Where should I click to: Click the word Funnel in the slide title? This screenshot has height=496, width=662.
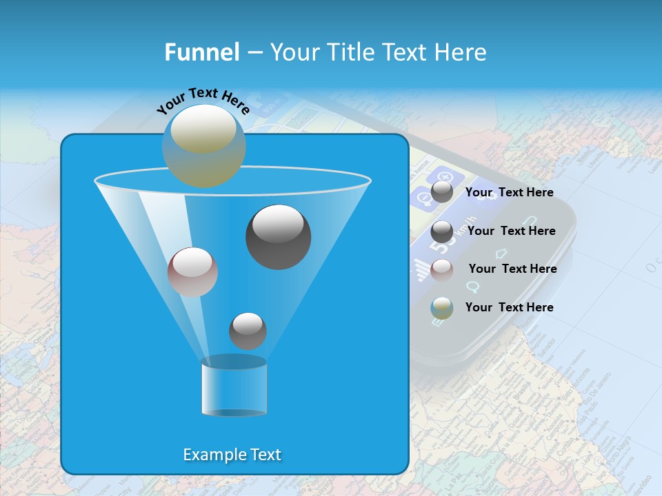[x=201, y=52]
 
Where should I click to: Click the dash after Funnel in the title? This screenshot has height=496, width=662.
[x=254, y=53]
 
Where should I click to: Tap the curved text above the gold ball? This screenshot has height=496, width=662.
[x=203, y=101]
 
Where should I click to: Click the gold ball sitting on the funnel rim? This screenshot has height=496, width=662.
[x=203, y=145]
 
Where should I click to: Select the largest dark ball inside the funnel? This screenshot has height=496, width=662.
[x=278, y=236]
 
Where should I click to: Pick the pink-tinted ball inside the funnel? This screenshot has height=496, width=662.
[x=192, y=272]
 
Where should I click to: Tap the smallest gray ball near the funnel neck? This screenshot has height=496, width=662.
[x=248, y=331]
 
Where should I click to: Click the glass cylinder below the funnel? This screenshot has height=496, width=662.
[x=234, y=386]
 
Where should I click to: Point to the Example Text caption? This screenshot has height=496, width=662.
[x=232, y=455]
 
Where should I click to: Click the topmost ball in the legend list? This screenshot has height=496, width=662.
[x=441, y=192]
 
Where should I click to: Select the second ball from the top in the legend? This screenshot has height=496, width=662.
[x=441, y=231]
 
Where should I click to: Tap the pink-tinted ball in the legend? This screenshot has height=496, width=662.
[x=441, y=269]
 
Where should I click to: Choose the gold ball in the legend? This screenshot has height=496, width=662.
[x=441, y=308]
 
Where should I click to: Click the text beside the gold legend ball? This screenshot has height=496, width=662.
[x=509, y=307]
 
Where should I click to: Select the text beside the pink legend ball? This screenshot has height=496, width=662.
[x=512, y=269]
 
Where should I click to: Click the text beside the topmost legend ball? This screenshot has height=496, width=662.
[x=509, y=192]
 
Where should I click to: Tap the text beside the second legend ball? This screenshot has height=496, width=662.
[x=511, y=231]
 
